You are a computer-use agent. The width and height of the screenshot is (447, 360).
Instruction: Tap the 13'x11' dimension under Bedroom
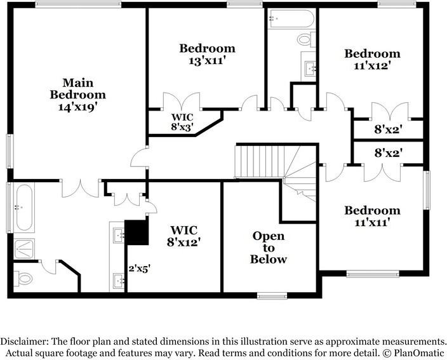click(x=207, y=62)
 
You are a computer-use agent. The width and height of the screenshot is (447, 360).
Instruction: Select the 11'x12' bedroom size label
click(x=372, y=65)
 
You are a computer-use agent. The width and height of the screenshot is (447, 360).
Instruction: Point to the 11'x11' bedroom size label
click(x=372, y=222)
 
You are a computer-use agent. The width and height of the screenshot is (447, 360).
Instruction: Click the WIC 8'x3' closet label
click(x=182, y=122)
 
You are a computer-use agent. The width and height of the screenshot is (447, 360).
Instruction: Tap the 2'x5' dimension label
click(x=138, y=269)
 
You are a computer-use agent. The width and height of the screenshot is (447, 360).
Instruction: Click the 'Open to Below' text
click(x=268, y=248)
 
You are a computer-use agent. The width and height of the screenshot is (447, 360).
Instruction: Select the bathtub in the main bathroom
click(x=25, y=208)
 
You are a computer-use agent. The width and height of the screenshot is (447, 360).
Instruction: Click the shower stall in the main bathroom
click(x=26, y=248)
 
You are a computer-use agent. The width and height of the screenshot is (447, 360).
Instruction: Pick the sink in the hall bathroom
click(x=309, y=66)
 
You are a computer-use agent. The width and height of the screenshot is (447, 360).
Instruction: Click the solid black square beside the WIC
click(x=136, y=232)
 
